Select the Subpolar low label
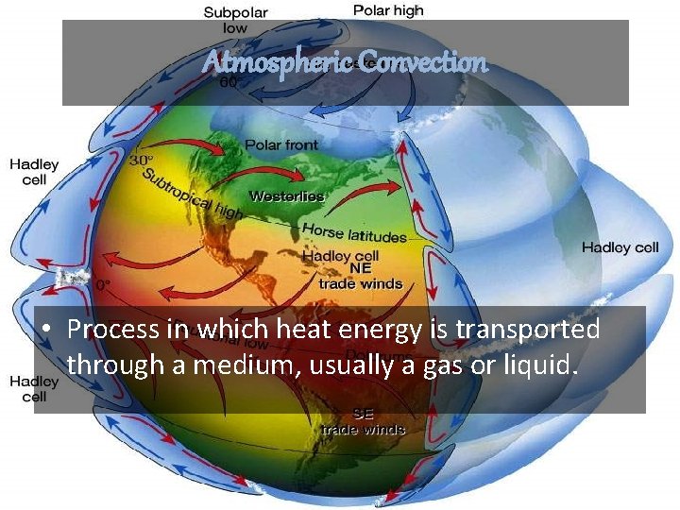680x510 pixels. pos(235,20)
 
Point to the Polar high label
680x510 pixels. pos(388,11)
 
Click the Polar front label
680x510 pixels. pos(281,144)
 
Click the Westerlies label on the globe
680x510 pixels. pos(286,196)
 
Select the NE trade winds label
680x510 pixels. pos(360,276)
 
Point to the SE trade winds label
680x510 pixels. pos(363,421)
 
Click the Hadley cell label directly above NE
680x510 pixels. pos(340,256)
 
